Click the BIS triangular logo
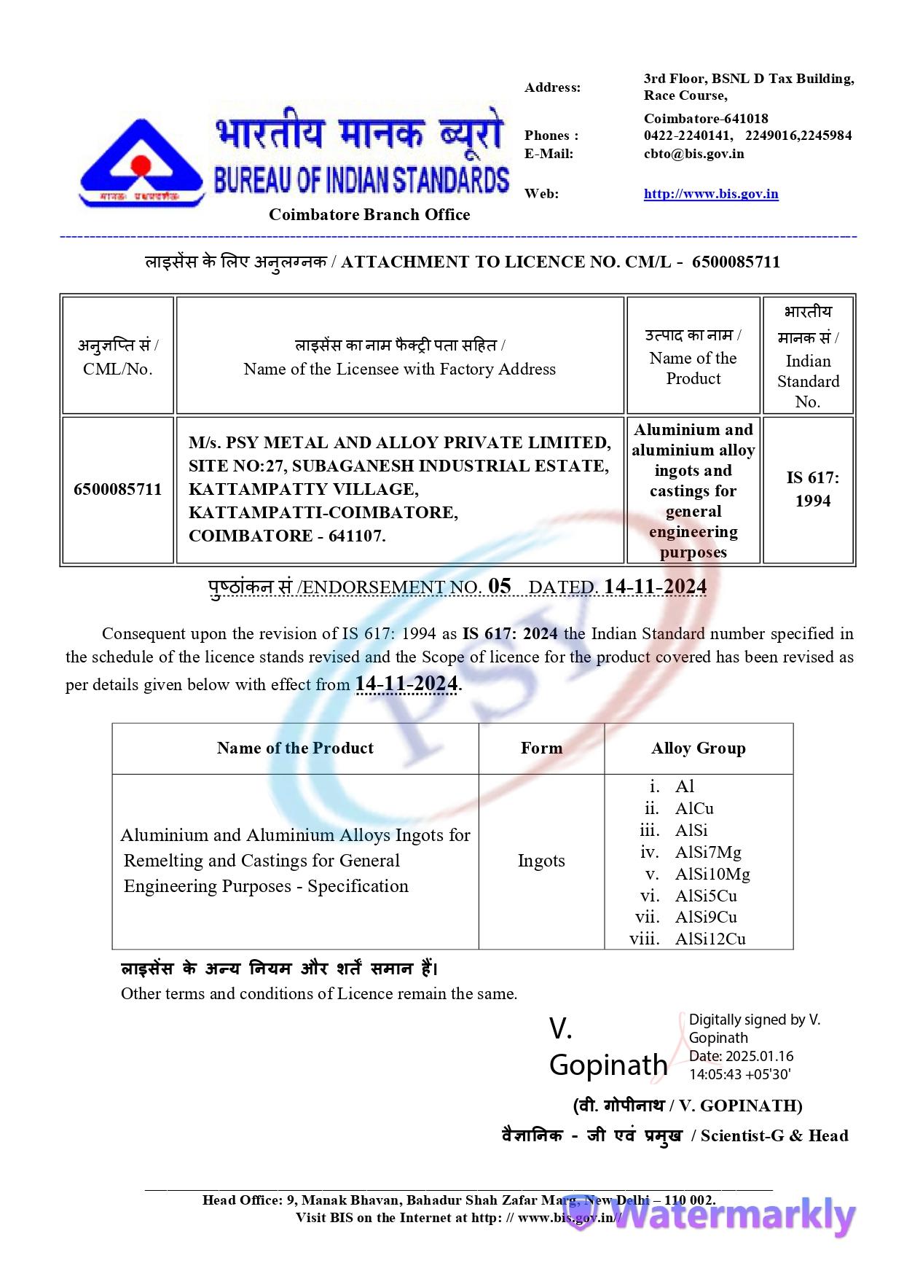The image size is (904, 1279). point(141,161)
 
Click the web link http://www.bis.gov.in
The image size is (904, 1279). point(710,194)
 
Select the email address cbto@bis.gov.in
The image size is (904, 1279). point(693,154)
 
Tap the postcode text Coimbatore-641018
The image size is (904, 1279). point(705,118)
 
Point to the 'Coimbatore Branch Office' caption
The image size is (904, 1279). point(369,214)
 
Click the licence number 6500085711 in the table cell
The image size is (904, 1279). point(117,489)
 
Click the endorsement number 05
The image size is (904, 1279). point(500,586)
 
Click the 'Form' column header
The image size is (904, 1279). point(541,748)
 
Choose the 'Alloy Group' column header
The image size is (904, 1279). point(698,748)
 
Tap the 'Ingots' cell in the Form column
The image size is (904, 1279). point(541,861)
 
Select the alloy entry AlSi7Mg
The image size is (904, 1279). point(707,852)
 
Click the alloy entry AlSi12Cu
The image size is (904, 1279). point(710,939)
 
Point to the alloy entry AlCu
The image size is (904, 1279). point(694,808)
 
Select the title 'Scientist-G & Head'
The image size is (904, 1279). point(774,1135)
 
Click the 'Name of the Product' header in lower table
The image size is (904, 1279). point(295,748)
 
